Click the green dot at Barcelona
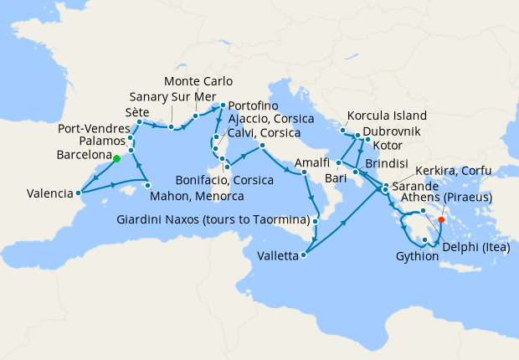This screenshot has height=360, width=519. [116, 158]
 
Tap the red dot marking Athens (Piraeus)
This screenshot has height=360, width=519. [441, 222]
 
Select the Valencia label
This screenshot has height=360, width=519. [38, 193]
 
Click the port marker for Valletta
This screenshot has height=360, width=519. [303, 255]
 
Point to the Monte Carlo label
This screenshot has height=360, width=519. [197, 81]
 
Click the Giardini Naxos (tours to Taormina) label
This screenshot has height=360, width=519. [213, 221]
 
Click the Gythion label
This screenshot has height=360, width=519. [417, 256]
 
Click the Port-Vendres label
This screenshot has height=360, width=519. [92, 129]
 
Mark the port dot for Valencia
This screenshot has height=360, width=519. [79, 193]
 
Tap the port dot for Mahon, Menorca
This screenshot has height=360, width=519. [147, 184]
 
